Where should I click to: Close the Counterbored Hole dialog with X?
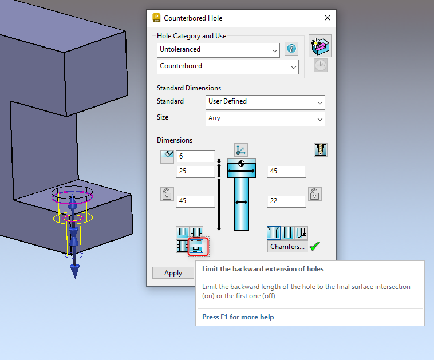click(x=328, y=18)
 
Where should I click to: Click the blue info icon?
click(x=291, y=49)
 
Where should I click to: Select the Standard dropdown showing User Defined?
click(x=265, y=102)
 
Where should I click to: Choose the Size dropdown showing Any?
click(x=265, y=118)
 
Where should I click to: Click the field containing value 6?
click(x=195, y=156)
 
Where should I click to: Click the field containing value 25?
click(x=195, y=171)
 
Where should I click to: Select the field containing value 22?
click(x=286, y=201)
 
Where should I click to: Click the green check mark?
click(x=314, y=247)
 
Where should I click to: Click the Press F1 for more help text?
click(x=238, y=317)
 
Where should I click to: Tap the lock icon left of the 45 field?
click(x=166, y=194)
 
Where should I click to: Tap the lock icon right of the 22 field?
click(x=314, y=193)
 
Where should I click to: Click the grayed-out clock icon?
click(x=320, y=65)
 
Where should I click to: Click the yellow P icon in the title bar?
click(x=156, y=18)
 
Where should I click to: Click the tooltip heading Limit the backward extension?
click(x=262, y=269)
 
